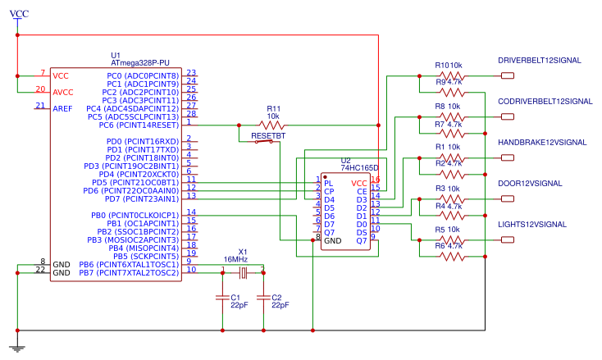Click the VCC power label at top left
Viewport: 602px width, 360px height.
(x=19, y=15)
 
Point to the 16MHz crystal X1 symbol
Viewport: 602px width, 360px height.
(x=243, y=271)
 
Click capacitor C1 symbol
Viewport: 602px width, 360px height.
(x=222, y=297)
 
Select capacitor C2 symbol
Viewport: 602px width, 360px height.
(x=263, y=297)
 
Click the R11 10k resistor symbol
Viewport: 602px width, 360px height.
(x=273, y=125)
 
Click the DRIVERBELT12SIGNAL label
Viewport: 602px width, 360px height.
(x=539, y=62)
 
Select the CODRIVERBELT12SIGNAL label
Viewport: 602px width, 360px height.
(x=545, y=102)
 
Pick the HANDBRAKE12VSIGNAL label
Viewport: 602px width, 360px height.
(x=542, y=142)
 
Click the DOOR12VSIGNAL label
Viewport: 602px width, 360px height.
(x=530, y=182)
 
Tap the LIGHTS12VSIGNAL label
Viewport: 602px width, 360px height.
(x=533, y=223)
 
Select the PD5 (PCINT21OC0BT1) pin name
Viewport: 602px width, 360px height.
(x=142, y=181)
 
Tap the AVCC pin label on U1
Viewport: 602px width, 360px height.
(x=62, y=91)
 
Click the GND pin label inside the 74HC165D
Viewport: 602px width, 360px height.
(x=332, y=241)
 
